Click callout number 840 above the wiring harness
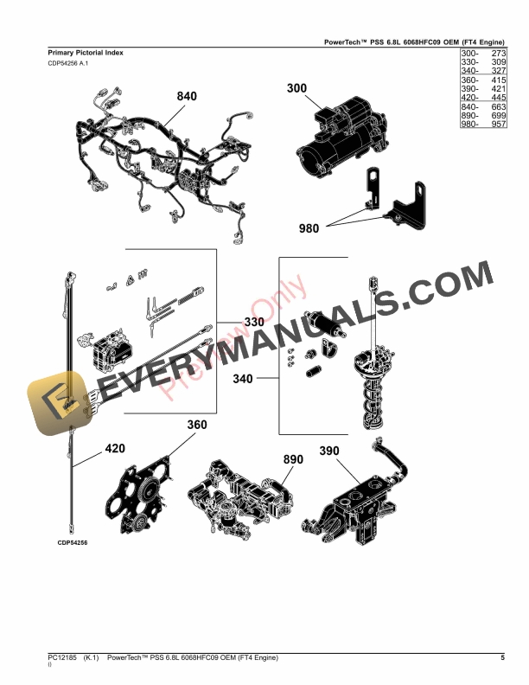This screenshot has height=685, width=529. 187,96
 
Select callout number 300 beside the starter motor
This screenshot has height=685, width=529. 296,88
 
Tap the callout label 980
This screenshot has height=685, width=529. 309,229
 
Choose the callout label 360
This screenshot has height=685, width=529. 197,425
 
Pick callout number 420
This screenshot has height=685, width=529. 115,449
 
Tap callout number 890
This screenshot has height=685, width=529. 295,459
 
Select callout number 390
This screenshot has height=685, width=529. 329,451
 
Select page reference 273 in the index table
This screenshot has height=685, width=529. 497,54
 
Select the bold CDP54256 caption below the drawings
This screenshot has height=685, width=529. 73,542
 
